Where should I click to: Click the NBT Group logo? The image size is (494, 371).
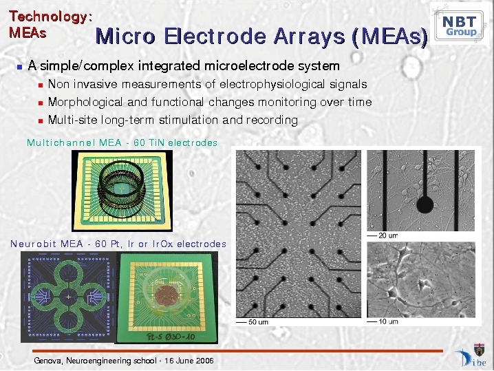[459, 25]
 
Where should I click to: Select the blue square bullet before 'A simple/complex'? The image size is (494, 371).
[20, 67]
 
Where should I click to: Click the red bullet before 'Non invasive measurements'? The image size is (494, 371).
[41, 85]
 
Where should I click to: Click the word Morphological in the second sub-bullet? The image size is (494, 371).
[85, 103]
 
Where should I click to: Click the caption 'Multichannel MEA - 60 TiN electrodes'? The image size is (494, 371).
[122, 142]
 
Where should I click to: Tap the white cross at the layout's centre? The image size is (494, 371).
[69, 297]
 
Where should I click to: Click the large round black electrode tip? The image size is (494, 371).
[425, 204]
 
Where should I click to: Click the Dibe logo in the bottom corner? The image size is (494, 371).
[471, 356]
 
